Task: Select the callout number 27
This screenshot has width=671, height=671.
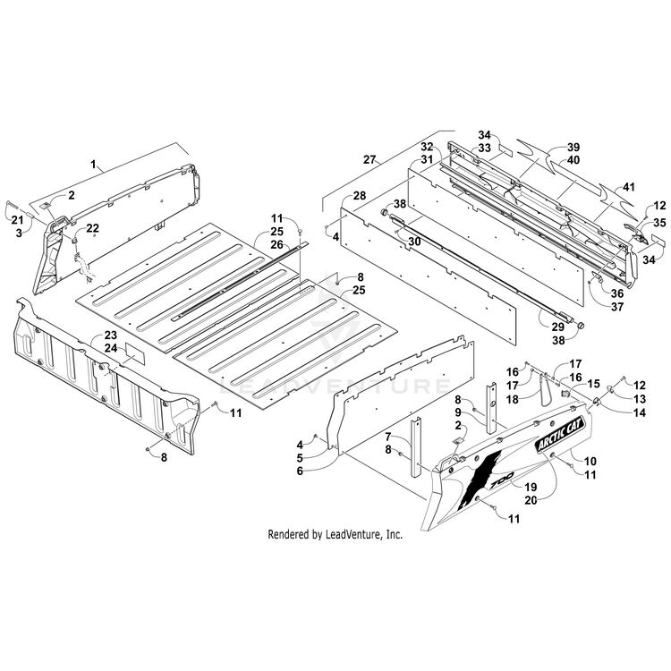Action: [369, 159]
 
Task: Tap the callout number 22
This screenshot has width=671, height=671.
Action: [93, 227]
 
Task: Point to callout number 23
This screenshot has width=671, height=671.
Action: [111, 336]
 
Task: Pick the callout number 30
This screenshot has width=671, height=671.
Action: [413, 242]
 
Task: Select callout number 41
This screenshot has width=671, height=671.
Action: [629, 187]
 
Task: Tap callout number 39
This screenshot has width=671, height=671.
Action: [573, 147]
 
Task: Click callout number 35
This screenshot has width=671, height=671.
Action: [658, 222]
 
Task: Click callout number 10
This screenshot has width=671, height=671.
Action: [590, 460]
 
